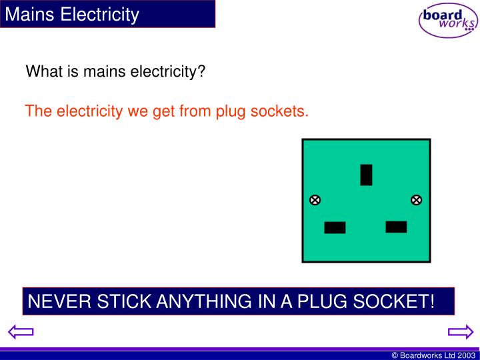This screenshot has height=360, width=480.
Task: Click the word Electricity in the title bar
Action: point(100,14)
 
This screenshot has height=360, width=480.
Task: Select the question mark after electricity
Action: point(201,71)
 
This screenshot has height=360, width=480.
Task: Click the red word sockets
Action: point(280,111)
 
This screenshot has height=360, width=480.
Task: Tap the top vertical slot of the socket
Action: point(366,175)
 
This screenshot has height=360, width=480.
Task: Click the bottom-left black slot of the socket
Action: point(335,227)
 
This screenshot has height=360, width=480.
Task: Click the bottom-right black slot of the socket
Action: point(396,227)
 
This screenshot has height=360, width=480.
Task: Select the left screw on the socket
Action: point(315,200)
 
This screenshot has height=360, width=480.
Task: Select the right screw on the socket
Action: point(416,200)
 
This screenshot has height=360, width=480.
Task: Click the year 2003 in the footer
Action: point(466,355)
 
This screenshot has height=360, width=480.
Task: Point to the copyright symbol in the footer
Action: point(395,355)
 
